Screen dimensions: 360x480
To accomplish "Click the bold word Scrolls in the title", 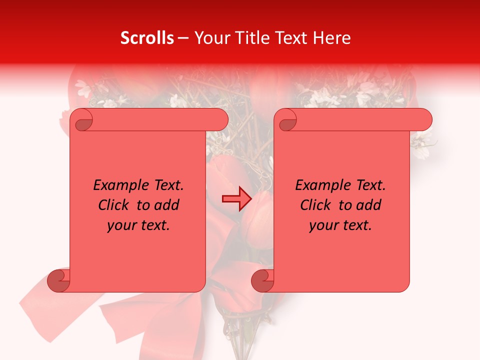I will [147, 38].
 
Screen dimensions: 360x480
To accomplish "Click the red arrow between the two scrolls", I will [236, 199].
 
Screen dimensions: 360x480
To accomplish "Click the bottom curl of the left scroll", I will [59, 280].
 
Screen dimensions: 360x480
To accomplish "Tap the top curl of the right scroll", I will [287, 120].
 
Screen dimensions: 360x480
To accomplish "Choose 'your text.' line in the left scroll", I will [138, 225].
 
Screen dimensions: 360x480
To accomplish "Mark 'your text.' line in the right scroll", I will [340, 225].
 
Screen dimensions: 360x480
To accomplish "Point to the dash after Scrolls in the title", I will [183, 38].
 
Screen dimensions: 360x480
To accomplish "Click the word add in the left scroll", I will [166, 205].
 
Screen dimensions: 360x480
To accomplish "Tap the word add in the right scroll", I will [368, 205].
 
